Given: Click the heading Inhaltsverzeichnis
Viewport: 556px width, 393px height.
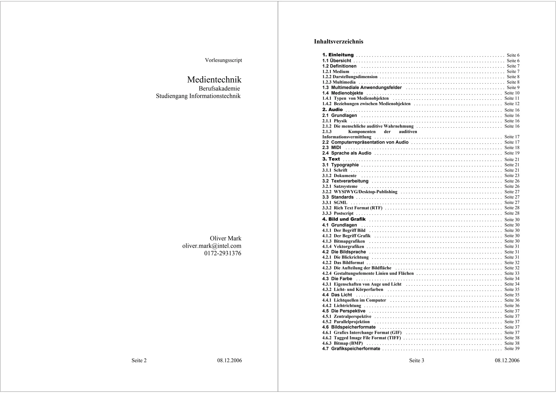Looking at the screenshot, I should point(339,42).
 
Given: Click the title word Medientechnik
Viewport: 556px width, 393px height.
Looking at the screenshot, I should point(214,80).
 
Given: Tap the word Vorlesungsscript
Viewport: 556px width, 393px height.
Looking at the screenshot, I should point(223,60).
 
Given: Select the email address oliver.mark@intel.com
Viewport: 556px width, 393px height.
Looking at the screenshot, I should point(212,246).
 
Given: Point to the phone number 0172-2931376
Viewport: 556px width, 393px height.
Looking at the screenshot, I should point(223,253).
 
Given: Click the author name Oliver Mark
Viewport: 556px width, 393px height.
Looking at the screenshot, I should point(225,238).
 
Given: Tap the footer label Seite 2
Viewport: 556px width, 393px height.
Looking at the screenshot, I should point(139,360).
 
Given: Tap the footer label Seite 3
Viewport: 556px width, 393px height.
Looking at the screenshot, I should point(416,360).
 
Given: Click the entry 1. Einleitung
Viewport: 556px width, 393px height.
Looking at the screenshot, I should point(338,55).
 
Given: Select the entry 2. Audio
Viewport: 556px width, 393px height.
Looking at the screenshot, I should point(333,110).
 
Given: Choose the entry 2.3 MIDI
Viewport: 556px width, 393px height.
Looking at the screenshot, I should point(331,147).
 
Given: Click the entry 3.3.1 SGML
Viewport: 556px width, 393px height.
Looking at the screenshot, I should point(335,203).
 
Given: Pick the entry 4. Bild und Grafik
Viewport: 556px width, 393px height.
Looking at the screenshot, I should point(344,219).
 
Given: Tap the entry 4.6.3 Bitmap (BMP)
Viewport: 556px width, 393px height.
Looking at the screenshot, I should point(343,343).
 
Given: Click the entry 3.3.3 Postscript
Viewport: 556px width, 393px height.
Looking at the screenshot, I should point(338,213).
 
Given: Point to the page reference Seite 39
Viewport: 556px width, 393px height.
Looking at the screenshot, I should point(512,349).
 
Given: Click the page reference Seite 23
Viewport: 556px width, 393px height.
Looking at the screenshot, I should point(512,176).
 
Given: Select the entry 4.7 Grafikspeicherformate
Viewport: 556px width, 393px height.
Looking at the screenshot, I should point(351,349).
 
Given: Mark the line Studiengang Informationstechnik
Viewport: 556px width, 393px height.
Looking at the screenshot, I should point(198,96).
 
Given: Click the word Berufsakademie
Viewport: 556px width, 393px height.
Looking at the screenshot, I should point(219,89).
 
